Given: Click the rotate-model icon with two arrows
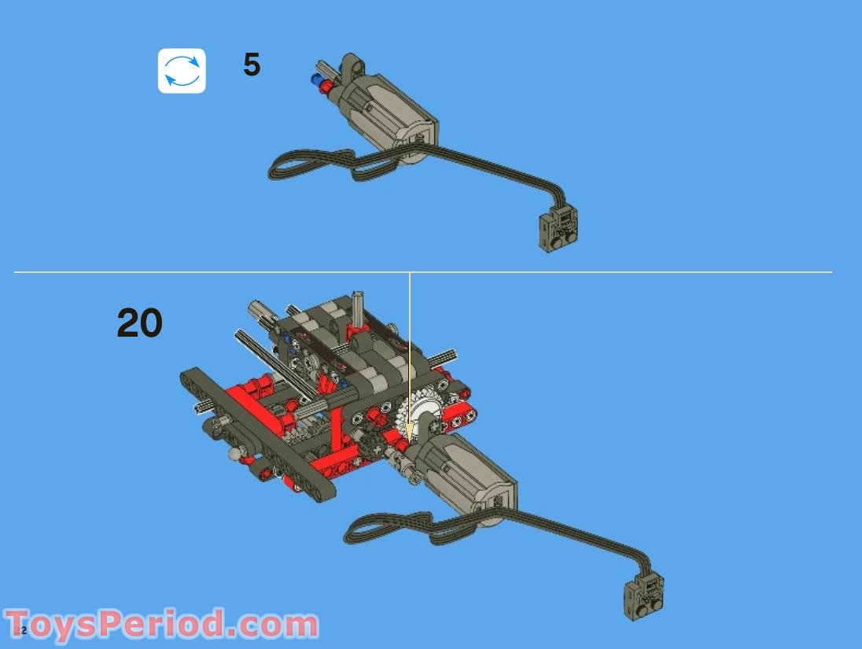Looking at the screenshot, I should (x=182, y=71).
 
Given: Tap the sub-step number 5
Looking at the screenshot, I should (x=251, y=65).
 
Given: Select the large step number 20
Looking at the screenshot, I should (x=140, y=323).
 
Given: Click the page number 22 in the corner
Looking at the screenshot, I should (x=20, y=630).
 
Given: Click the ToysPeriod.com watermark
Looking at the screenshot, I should (x=161, y=625).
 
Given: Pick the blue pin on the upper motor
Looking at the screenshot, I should (x=316, y=79).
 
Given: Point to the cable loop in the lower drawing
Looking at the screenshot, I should (x=385, y=528).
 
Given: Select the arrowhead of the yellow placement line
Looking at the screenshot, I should (x=409, y=432).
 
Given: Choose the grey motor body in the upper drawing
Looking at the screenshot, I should (x=385, y=114).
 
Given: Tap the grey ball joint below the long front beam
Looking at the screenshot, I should (x=234, y=454).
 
